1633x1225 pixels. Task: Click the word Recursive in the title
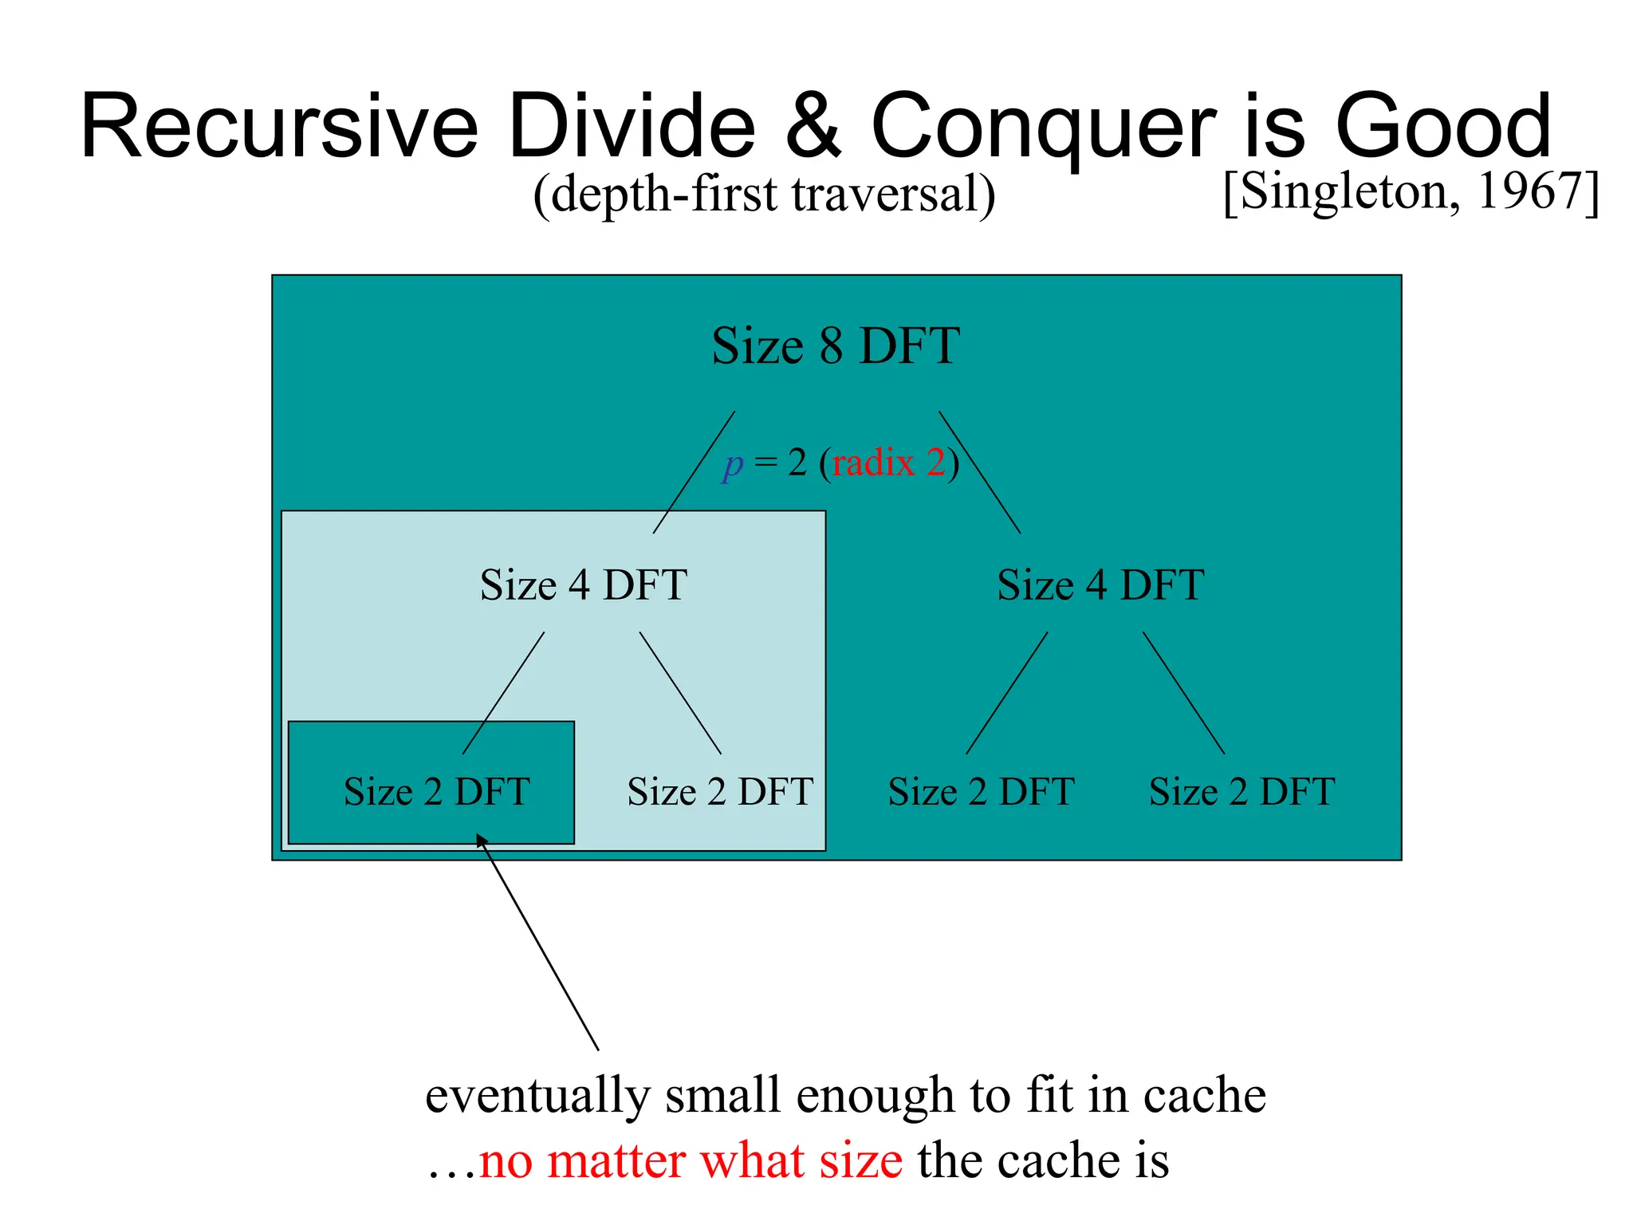point(279,128)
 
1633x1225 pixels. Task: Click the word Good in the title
point(1443,128)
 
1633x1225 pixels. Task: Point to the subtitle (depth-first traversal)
point(764,194)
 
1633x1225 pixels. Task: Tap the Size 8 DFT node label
point(835,346)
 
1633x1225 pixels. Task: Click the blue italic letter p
point(733,463)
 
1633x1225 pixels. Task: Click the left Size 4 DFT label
point(583,585)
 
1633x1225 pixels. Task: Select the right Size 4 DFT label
point(1100,585)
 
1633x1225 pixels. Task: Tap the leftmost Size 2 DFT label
point(436,792)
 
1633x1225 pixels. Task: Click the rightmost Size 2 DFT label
point(1241,792)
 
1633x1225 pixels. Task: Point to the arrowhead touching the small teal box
point(482,840)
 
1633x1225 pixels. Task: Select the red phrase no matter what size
point(691,1160)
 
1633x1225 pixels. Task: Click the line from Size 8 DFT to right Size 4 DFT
point(979,471)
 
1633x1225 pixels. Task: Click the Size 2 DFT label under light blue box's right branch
point(720,792)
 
